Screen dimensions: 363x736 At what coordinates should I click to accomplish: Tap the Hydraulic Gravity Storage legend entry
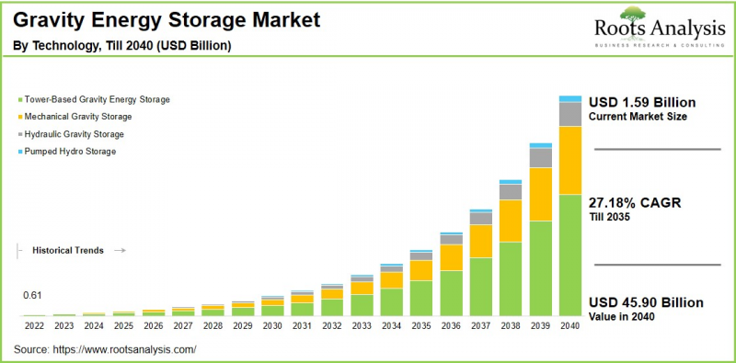tap(77, 134)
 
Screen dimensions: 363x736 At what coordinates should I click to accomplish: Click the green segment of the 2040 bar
tap(570, 255)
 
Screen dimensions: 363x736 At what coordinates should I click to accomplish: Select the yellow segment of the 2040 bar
tap(570, 160)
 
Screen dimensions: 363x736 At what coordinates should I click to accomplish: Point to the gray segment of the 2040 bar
tap(570, 113)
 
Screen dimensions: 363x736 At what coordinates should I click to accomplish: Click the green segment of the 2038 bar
tap(511, 278)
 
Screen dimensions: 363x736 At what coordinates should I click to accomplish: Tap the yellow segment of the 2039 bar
tap(541, 194)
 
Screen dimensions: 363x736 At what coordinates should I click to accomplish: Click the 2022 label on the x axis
tap(34, 325)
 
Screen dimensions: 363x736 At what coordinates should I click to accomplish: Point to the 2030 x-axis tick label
tap(272, 325)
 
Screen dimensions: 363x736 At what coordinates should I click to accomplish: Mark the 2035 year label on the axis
tap(421, 325)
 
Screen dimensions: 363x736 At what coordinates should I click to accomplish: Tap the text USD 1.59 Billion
tap(642, 102)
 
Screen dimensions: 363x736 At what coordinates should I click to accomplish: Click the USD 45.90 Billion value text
tap(646, 302)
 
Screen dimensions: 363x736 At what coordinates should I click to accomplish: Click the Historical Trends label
tap(68, 250)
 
